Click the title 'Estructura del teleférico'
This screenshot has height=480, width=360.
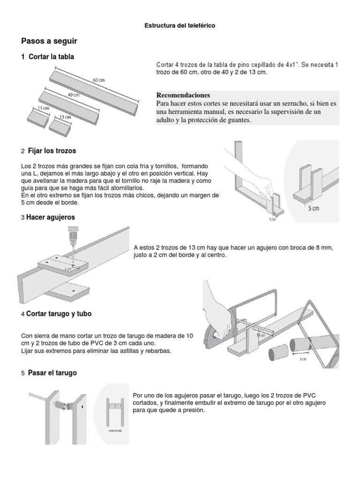[x=180, y=26]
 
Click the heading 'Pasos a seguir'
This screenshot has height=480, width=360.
[x=49, y=41]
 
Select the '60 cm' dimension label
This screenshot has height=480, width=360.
[x=98, y=80]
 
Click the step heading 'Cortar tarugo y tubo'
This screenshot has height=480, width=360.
[x=59, y=314]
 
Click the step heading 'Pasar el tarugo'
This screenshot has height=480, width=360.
[x=52, y=373]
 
